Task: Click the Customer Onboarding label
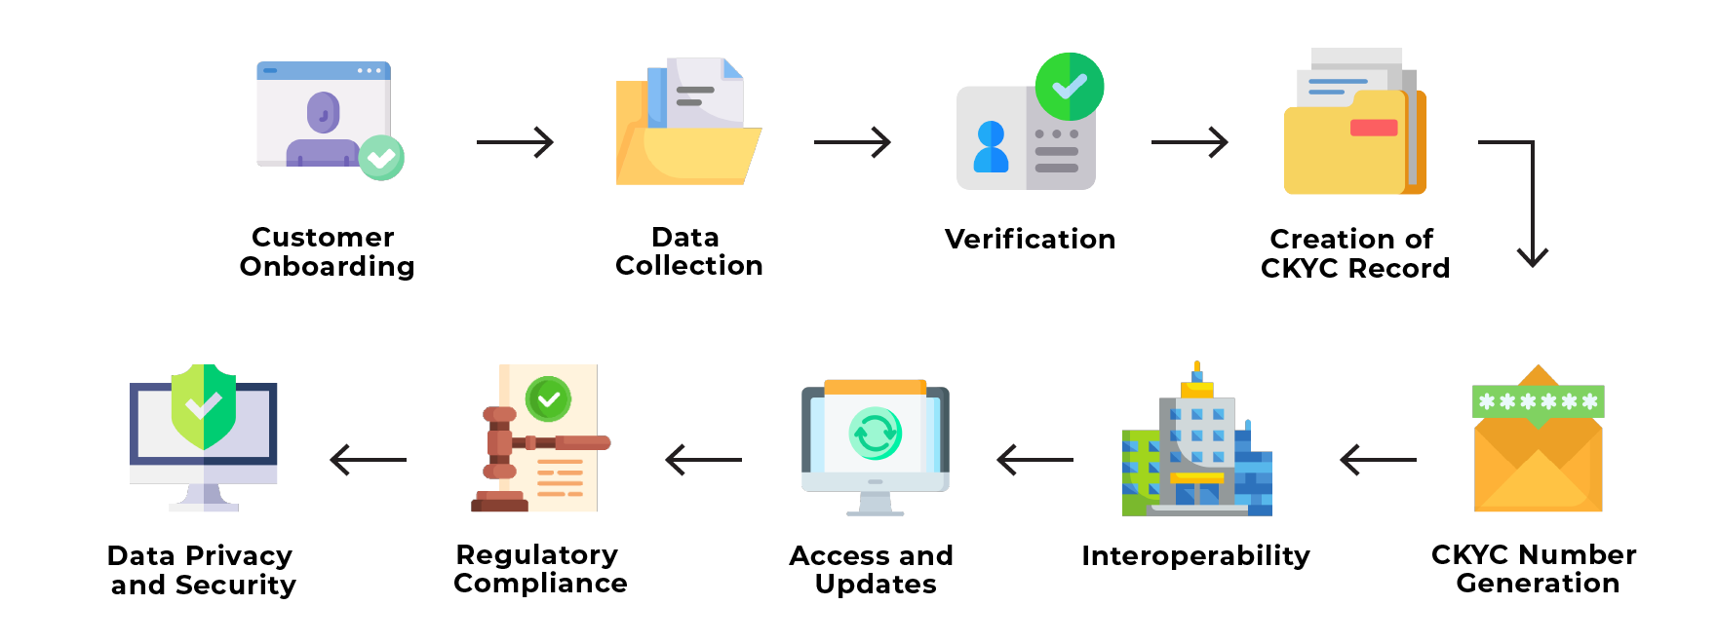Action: (327, 251)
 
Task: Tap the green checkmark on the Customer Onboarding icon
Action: (380, 157)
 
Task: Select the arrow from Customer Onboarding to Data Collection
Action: (515, 142)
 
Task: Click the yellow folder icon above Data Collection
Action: (687, 141)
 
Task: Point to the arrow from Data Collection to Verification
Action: (852, 142)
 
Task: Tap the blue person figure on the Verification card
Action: (992, 147)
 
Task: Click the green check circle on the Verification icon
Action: (1069, 87)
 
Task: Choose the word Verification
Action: (1030, 239)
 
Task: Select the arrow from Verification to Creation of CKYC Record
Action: (1190, 142)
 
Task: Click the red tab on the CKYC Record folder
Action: (1374, 128)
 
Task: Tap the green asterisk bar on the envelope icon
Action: (1538, 401)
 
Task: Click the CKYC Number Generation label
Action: (1535, 569)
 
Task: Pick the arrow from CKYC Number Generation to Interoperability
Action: (1379, 459)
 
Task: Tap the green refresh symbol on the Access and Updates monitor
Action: (875, 434)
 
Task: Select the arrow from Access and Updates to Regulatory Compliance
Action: (703, 459)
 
